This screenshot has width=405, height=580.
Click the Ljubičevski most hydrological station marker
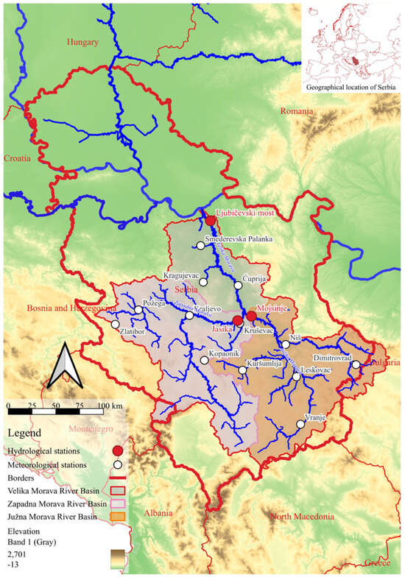coord(211,220)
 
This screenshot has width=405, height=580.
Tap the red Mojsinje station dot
coord(251,316)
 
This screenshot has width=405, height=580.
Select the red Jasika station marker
coord(237,321)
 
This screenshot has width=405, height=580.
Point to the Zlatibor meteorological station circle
coord(115,324)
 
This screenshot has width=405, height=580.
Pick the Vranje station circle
coord(300,424)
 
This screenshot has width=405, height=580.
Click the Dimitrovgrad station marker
coord(355,364)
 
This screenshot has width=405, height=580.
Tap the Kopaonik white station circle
coord(204,361)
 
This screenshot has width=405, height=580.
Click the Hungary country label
coord(82,42)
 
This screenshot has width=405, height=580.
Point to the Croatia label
coord(18,158)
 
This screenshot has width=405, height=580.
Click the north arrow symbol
coord(63,365)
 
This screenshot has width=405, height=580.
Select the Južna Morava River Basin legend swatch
coord(116,518)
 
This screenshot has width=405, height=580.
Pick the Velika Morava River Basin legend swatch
coord(116,492)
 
